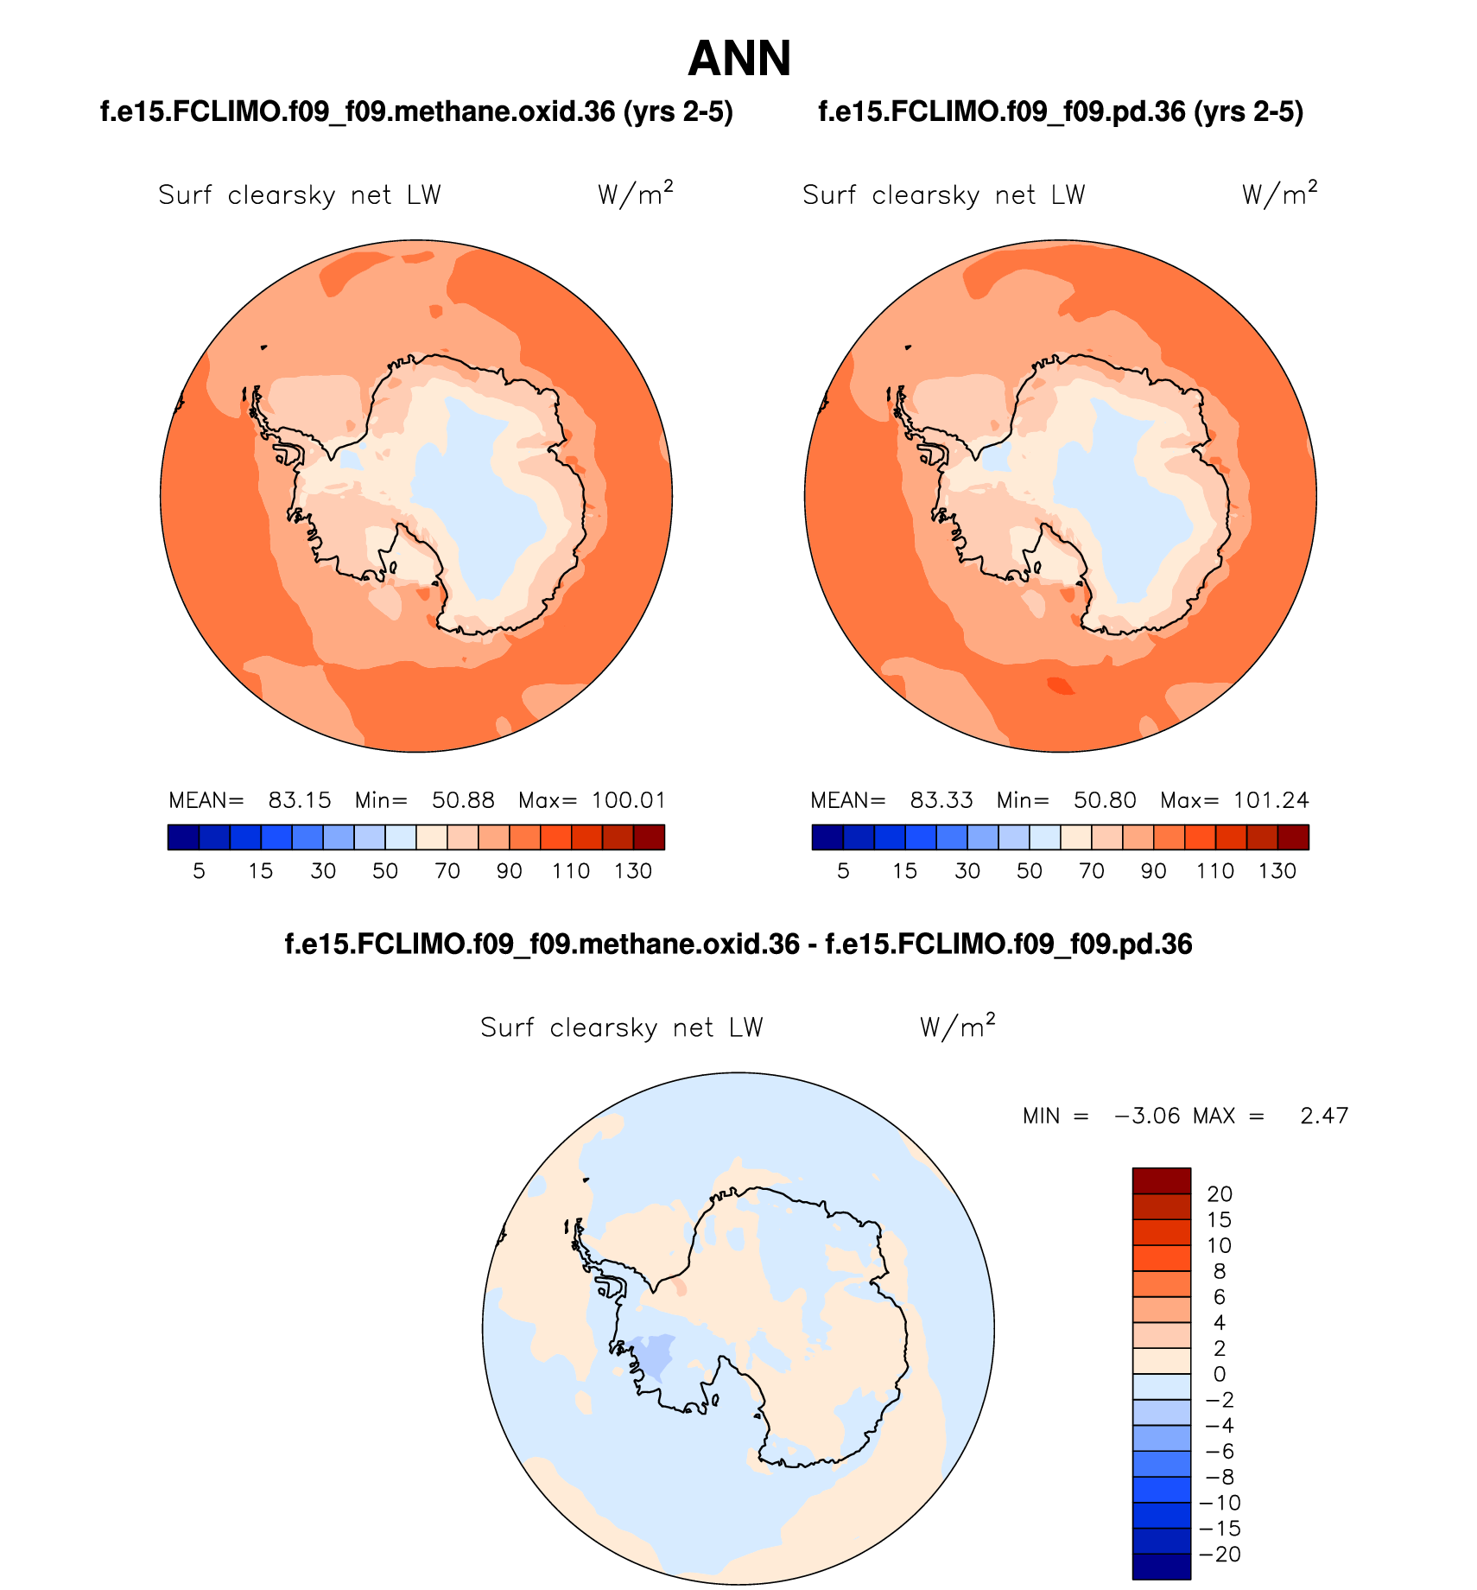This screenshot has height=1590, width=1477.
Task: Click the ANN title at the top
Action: [x=739, y=59]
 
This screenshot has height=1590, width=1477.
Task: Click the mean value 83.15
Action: [x=300, y=800]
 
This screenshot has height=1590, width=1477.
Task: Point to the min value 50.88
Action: [x=463, y=800]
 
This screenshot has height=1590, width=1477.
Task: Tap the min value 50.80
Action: [x=1105, y=800]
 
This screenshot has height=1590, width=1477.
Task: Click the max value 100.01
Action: [x=629, y=800]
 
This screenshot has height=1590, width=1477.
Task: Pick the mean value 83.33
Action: [x=941, y=800]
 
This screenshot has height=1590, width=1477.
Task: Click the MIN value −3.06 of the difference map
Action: [x=1147, y=1116]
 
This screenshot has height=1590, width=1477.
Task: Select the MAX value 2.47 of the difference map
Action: [x=1324, y=1116]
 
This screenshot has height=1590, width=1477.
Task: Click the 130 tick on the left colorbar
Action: [x=633, y=871]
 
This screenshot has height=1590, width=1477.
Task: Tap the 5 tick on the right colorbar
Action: [x=843, y=871]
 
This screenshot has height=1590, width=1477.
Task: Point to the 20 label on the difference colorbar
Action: [x=1220, y=1194]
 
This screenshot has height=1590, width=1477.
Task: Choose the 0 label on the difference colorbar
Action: [x=1220, y=1374]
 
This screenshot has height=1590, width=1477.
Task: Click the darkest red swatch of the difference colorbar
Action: [x=1161, y=1180]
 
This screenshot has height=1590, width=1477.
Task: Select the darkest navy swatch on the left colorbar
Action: [x=183, y=837]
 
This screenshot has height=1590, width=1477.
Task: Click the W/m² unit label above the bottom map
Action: [x=957, y=1027]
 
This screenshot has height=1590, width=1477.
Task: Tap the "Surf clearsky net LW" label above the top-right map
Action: [x=943, y=195]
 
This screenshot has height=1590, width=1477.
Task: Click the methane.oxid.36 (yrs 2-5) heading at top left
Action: [x=416, y=111]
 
